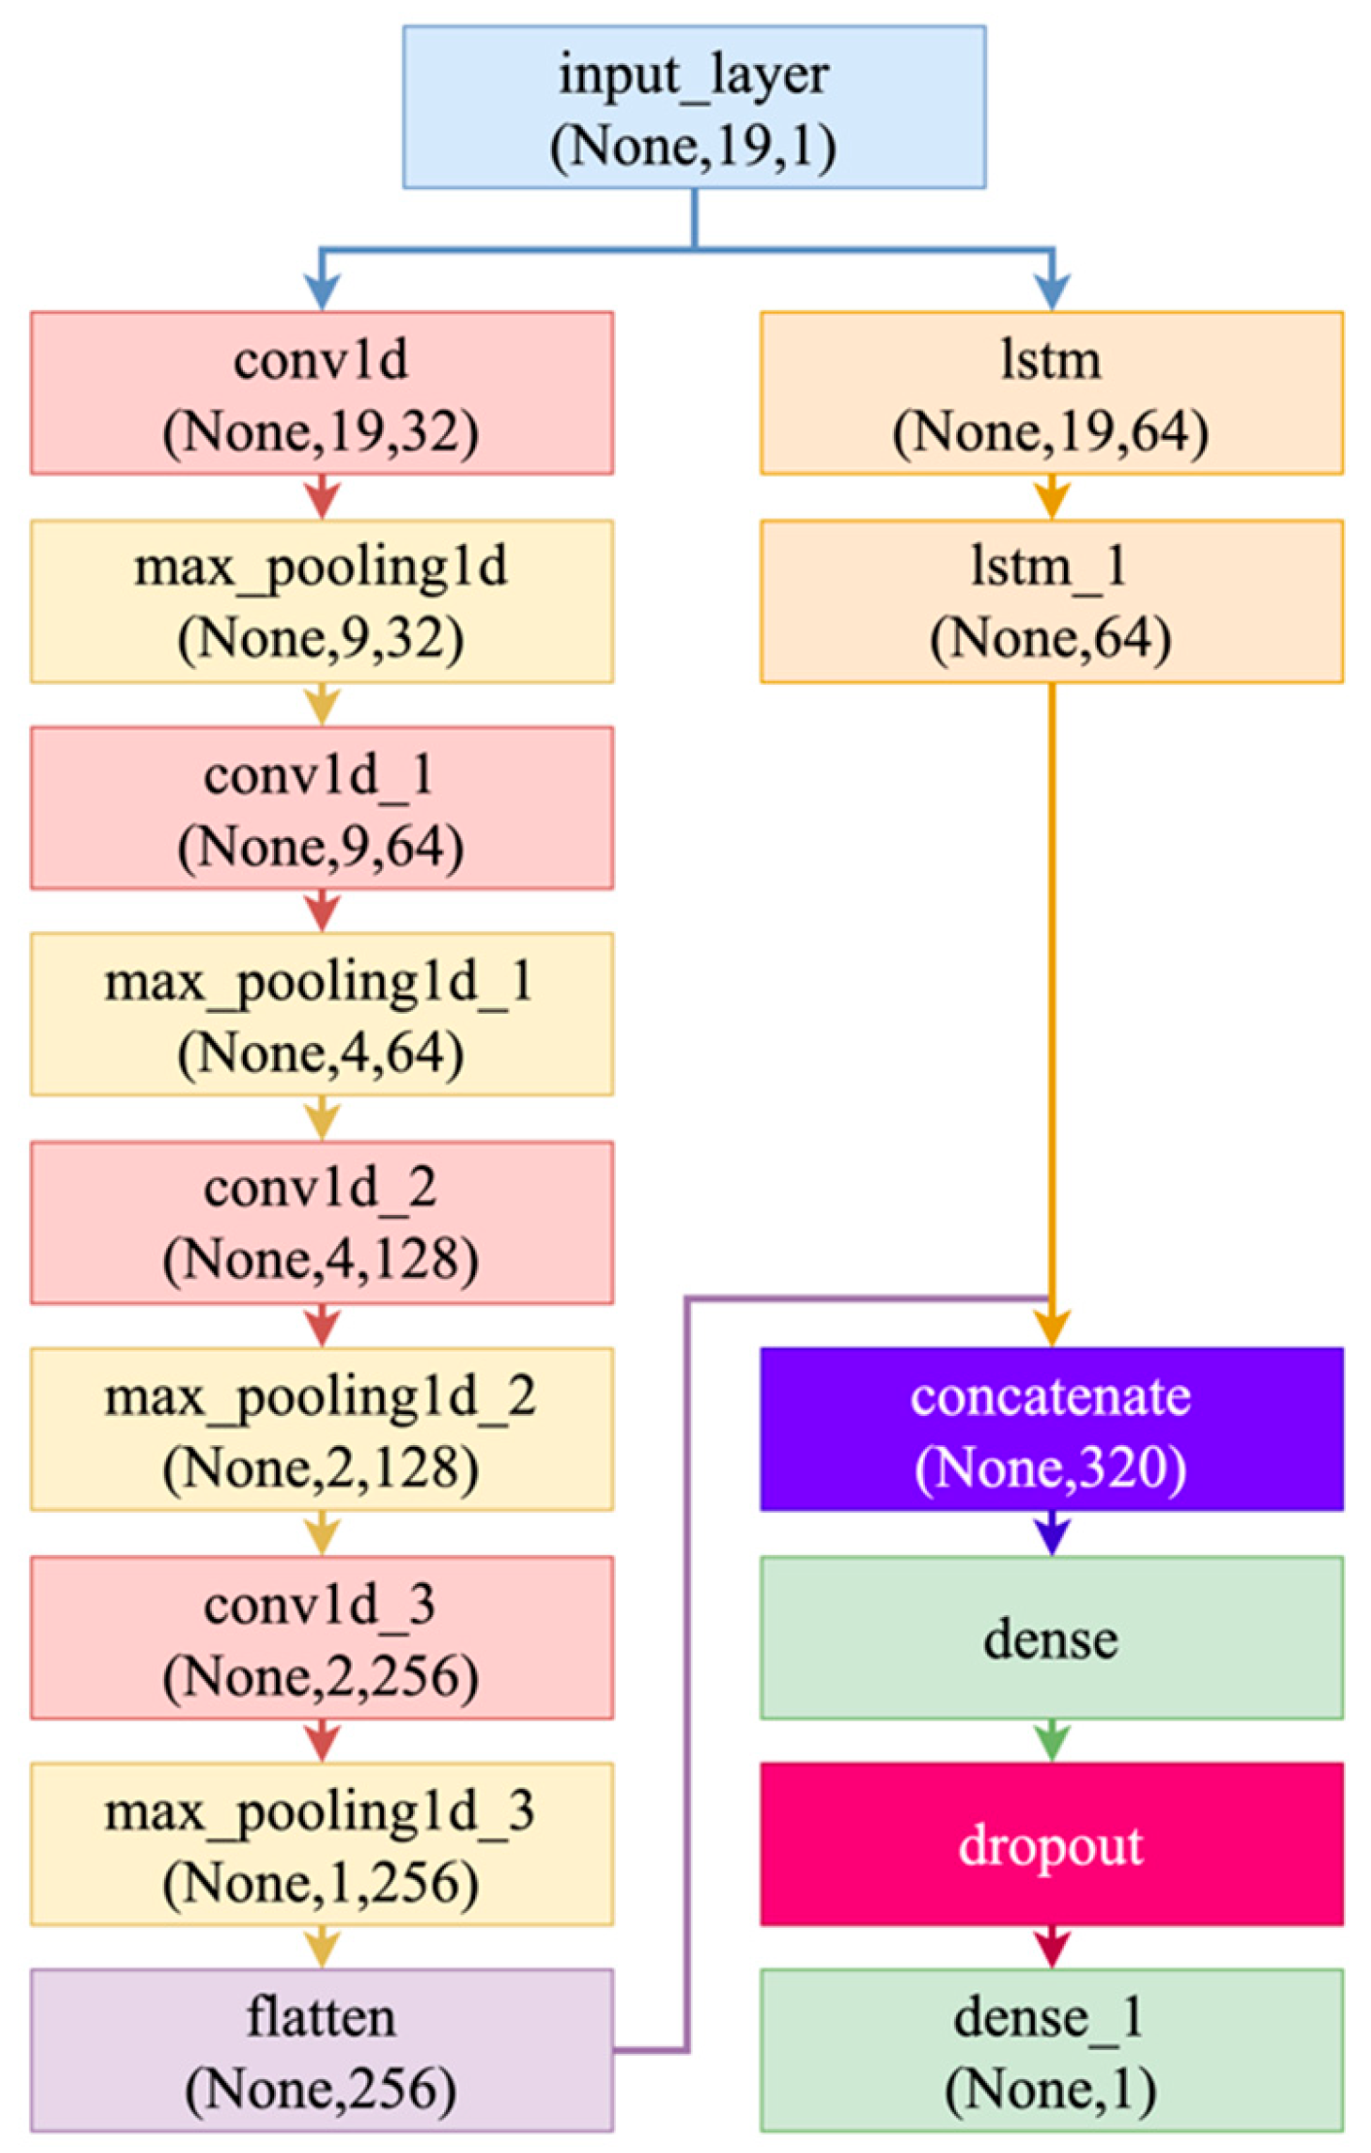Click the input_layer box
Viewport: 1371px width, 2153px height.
694,107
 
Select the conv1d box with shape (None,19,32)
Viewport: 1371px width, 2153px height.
322,392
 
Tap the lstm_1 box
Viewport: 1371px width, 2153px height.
1051,600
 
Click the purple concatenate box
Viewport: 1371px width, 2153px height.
1051,1428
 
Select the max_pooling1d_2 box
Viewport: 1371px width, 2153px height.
322,1428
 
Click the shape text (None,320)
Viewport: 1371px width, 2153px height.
1051,1466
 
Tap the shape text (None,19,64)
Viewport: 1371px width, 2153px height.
1051,431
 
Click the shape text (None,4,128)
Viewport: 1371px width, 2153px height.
322,1260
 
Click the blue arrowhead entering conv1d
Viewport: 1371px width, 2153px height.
322,291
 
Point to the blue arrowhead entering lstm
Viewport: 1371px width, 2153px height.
1051,291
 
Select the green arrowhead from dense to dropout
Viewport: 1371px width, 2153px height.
1051,1744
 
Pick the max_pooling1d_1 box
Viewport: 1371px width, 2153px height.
322,1014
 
